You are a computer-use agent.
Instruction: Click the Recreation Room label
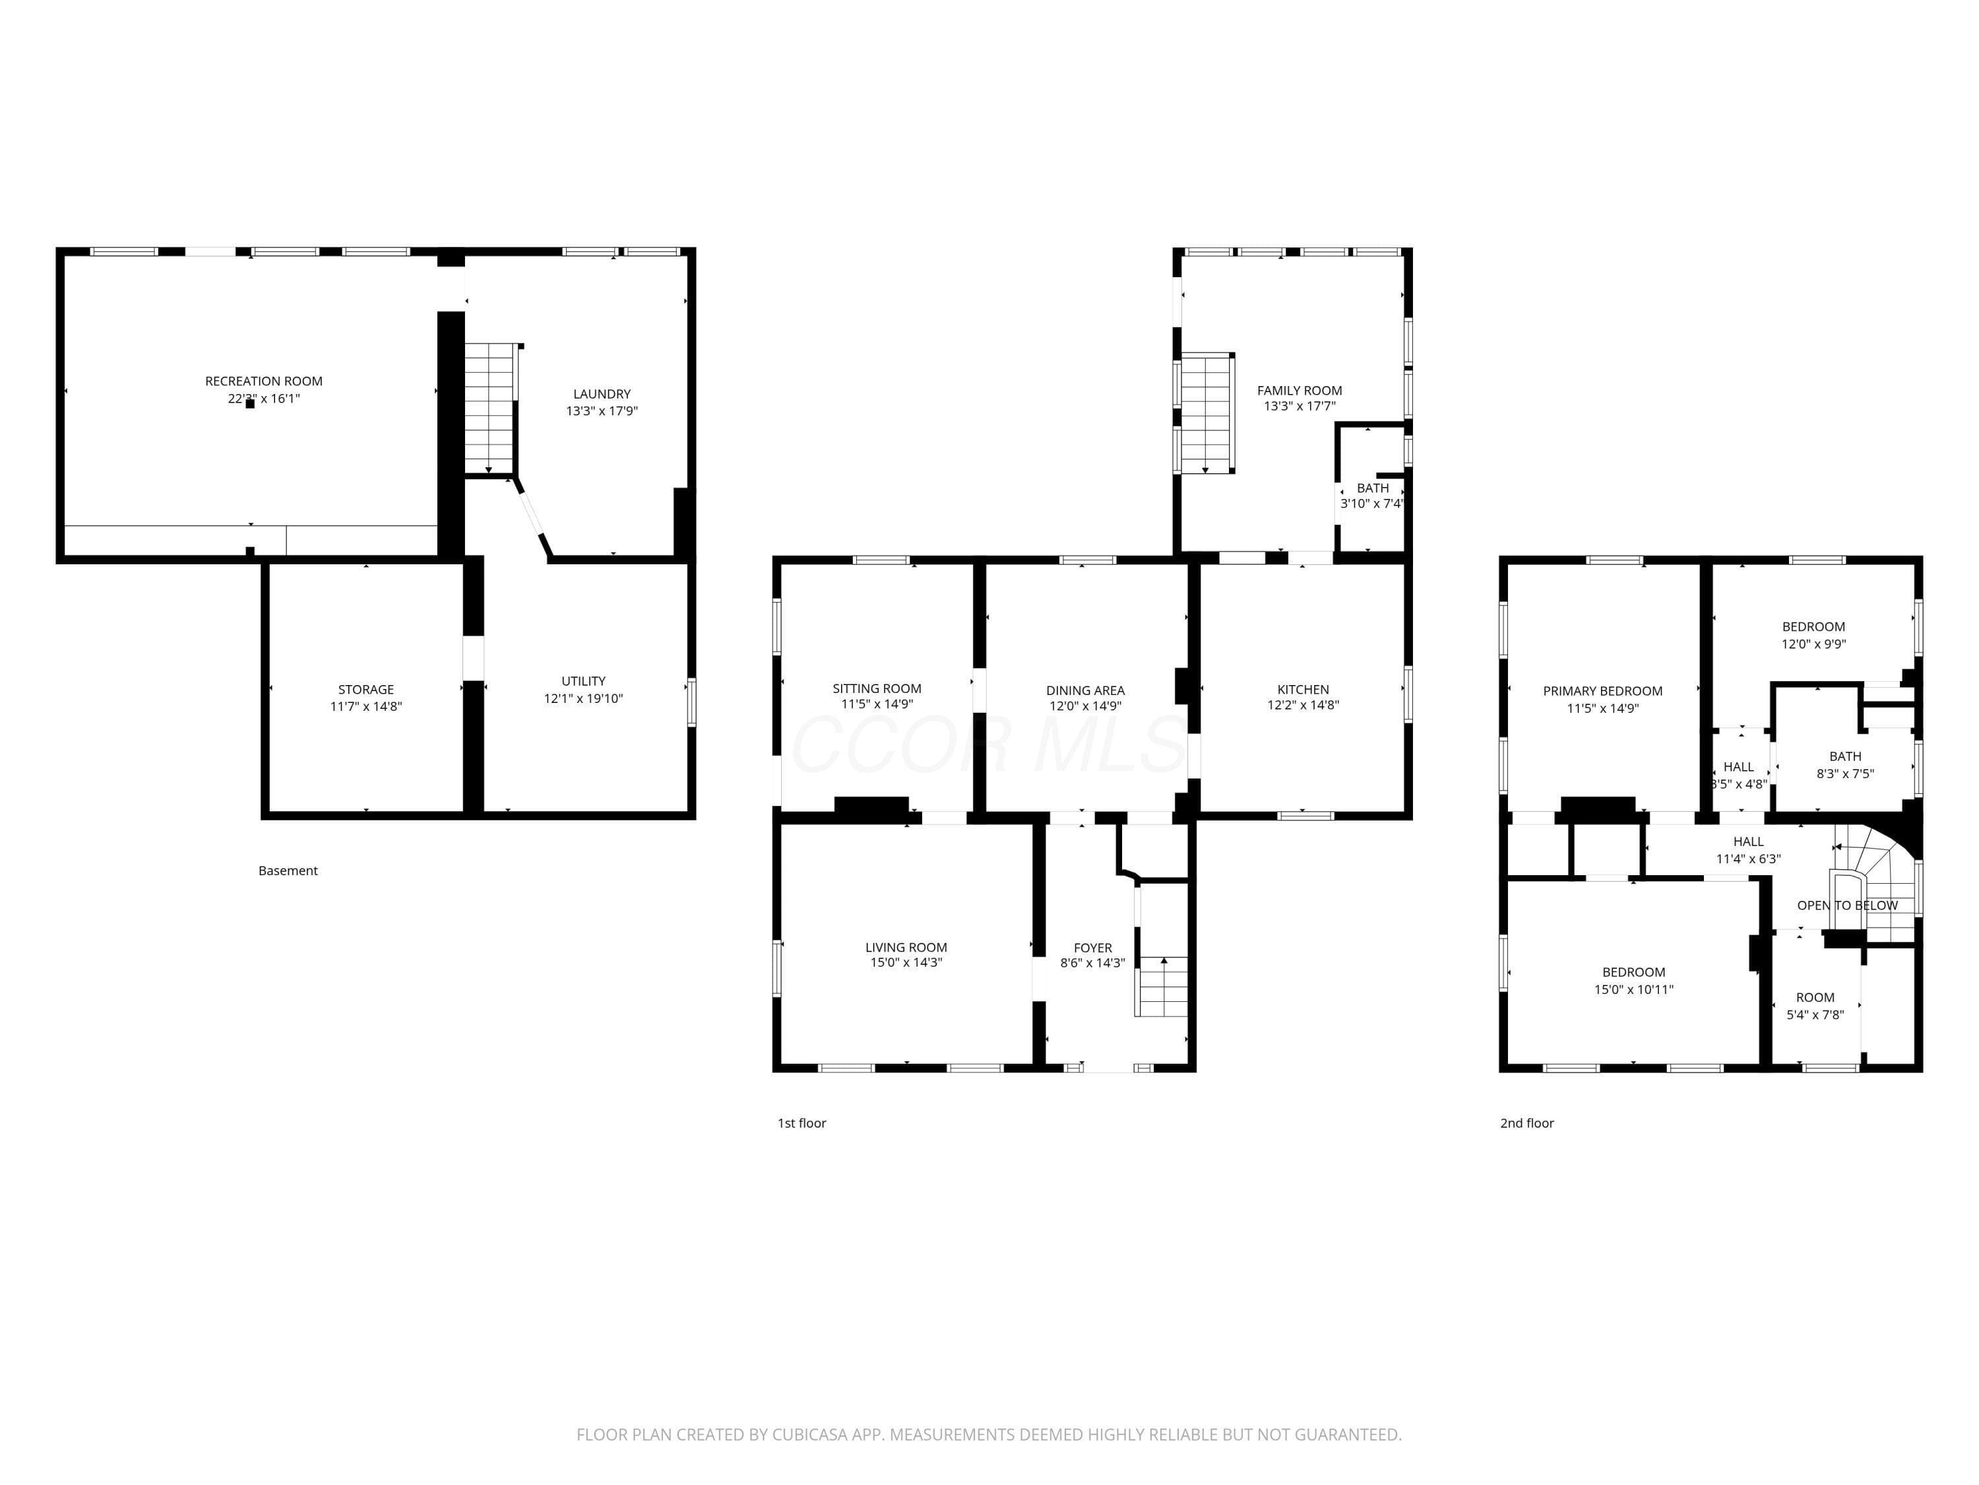[x=264, y=381]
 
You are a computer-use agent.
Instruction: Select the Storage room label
[x=366, y=689]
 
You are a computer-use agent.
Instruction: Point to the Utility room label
[x=583, y=681]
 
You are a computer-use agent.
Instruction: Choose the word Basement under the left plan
[x=288, y=870]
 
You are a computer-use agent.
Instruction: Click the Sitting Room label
[x=877, y=688]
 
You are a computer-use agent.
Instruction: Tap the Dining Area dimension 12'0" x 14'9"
[x=1085, y=706]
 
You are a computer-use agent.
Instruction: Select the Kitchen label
[x=1303, y=689]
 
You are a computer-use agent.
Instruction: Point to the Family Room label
[x=1299, y=390]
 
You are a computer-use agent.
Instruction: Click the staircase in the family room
[x=1208, y=412]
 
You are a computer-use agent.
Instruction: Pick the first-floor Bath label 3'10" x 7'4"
[x=1372, y=496]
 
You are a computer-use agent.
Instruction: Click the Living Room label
[x=906, y=947]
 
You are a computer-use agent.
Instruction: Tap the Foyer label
[x=1092, y=948]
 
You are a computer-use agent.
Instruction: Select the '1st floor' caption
[x=801, y=1123]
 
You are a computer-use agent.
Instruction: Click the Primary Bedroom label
[x=1602, y=691]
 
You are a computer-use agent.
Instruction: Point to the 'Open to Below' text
[x=1848, y=905]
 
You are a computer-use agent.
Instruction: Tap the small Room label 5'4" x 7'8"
[x=1815, y=1006]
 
